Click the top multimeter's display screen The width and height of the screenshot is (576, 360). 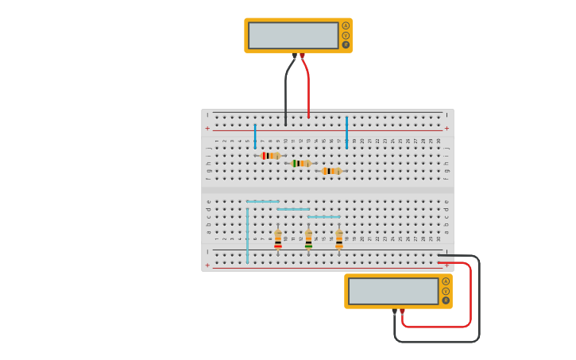293,35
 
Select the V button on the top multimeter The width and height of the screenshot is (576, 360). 346,35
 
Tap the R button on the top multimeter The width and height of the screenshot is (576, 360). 346,45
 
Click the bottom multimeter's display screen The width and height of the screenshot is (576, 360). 393,291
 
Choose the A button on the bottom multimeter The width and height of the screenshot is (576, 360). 446,281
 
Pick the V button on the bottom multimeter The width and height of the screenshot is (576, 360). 446,291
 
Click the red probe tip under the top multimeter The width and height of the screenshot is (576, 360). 302,56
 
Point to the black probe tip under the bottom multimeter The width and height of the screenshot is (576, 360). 394,312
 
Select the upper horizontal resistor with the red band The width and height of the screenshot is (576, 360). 270,156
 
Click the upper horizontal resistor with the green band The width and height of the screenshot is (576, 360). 301,163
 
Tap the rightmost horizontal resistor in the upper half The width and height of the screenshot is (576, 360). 331,171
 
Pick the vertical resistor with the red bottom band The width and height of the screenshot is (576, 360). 278,239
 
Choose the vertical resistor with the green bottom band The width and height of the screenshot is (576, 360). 308,239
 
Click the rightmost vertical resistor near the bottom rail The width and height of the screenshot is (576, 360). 339,239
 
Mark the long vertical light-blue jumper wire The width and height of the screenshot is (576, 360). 247,234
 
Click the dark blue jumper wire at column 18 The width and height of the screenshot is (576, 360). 346,132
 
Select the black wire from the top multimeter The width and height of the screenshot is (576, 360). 286,91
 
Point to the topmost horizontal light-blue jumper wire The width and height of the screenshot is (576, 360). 262,202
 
